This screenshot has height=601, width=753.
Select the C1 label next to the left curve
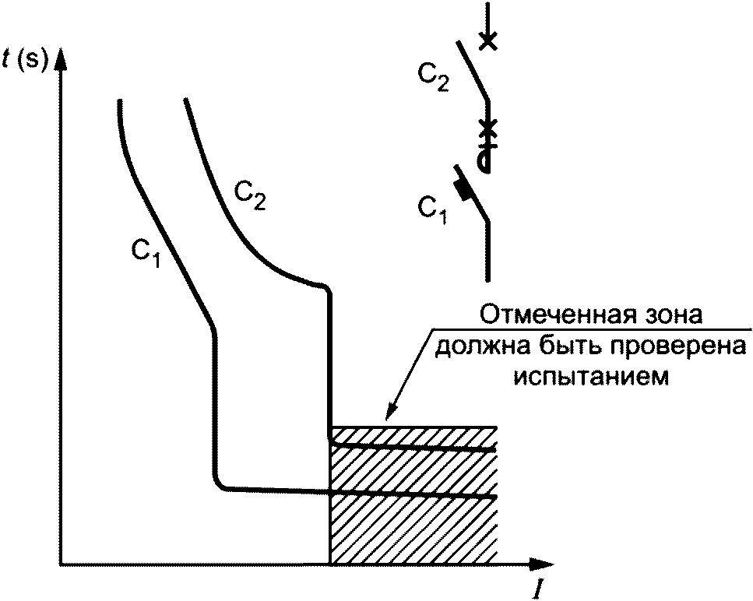click(145, 253)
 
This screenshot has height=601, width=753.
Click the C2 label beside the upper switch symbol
click(433, 76)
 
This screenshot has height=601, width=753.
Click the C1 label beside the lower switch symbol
click(432, 209)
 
